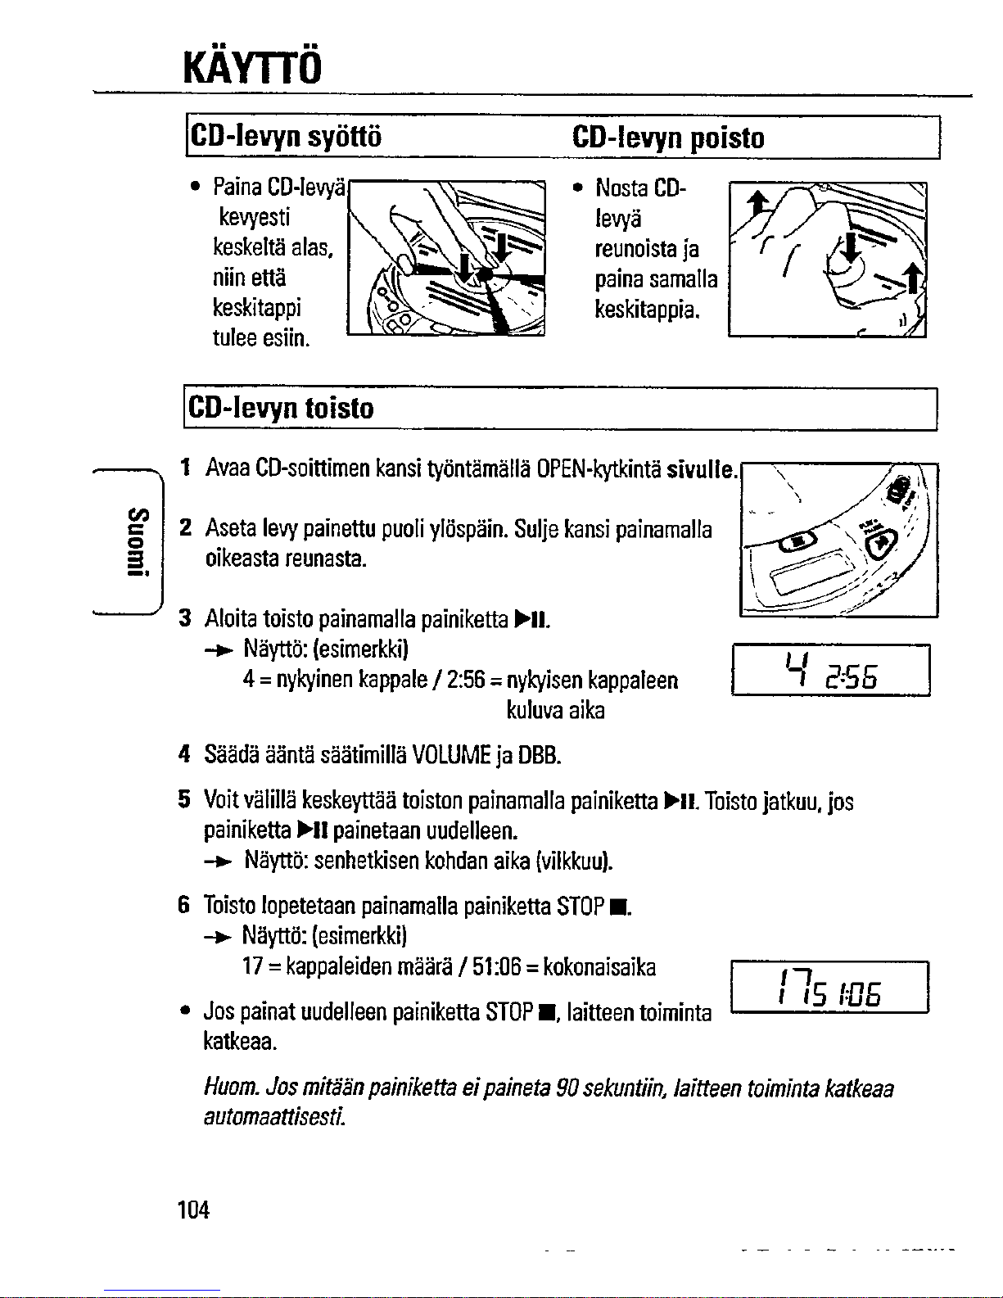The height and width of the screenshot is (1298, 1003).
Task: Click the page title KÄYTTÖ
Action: [252, 61]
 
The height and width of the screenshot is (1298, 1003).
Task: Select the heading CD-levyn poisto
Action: [668, 137]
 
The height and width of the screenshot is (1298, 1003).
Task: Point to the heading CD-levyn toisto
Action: [281, 407]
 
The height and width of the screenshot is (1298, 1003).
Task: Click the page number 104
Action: [194, 1209]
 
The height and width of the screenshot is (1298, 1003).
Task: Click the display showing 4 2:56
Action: [830, 671]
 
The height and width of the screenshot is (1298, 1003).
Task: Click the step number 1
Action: [186, 468]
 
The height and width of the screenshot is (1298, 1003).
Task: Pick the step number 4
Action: [185, 753]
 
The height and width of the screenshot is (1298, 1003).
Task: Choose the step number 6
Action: [185, 905]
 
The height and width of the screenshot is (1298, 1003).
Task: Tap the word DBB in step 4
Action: [540, 753]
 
